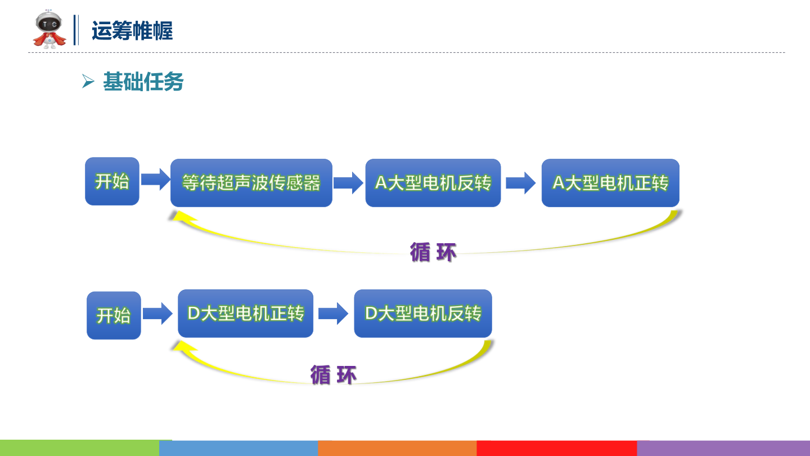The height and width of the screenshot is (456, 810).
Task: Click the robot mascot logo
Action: tap(49, 29)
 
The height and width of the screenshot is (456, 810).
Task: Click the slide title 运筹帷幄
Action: tap(132, 31)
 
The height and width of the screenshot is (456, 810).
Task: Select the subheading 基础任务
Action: tap(143, 82)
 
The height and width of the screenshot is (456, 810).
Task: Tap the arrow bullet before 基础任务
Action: tap(88, 82)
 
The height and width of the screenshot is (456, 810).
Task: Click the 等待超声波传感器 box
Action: tap(251, 183)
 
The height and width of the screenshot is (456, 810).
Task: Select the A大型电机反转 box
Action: tap(433, 183)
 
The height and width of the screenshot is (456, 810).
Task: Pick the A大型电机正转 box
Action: tap(610, 183)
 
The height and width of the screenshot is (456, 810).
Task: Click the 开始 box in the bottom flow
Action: tap(114, 315)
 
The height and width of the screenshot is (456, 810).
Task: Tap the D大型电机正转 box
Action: tap(245, 314)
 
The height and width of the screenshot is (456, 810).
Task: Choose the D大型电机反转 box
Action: tap(423, 314)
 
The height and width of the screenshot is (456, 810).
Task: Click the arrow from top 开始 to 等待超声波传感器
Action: tap(155, 180)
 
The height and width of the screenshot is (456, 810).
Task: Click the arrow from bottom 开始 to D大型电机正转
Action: tap(157, 314)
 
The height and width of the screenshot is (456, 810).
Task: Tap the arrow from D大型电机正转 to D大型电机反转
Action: tap(334, 314)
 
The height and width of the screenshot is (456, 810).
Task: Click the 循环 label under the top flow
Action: tap(433, 252)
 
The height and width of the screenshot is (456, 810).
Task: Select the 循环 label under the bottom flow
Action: tap(334, 374)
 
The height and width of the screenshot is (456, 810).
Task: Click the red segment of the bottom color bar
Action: tap(557, 448)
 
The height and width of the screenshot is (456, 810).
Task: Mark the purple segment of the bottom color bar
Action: tap(723, 448)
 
